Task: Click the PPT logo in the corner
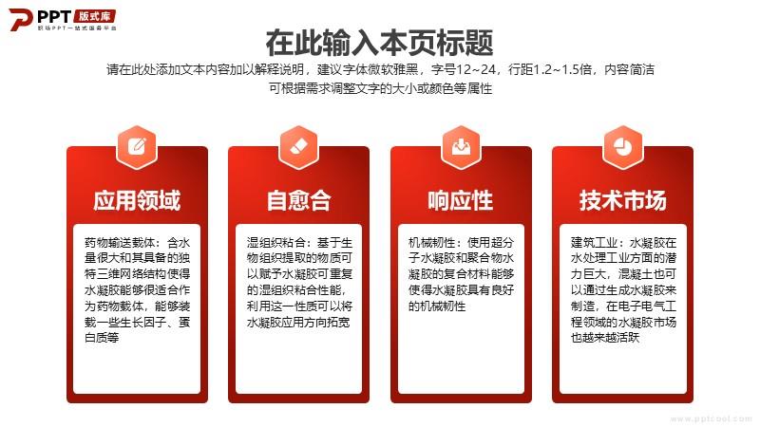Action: pos(62,20)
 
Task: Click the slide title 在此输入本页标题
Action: pos(379,43)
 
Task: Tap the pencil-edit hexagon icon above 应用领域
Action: pos(138,147)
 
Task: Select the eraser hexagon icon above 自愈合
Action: pos(299,147)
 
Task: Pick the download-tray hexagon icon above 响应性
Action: pos(461,147)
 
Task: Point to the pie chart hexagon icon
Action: pos(623,147)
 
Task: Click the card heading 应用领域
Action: pos(137,200)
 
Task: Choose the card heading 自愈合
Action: pos(299,200)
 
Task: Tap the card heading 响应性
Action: pos(461,200)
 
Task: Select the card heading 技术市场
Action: pos(623,200)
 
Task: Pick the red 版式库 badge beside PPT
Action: pos(96,16)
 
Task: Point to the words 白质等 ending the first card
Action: pos(102,338)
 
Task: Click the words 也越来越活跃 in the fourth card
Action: pos(605,338)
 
